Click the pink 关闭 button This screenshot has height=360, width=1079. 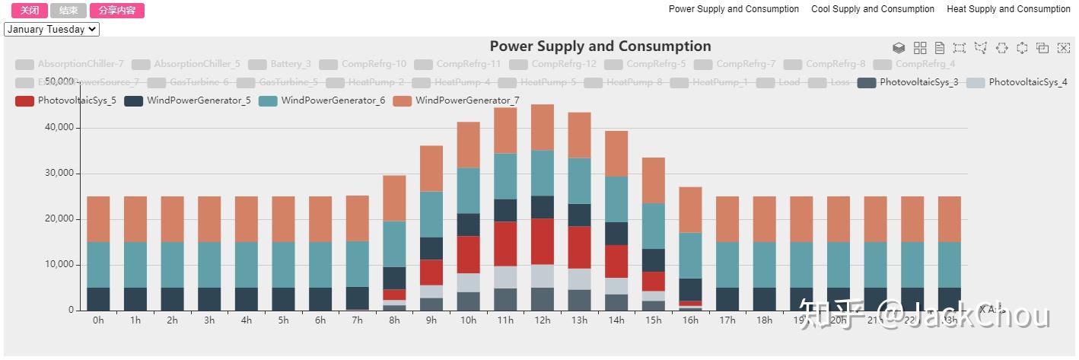[30, 11]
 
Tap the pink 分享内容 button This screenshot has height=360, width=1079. [116, 11]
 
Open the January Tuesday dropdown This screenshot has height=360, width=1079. [52, 30]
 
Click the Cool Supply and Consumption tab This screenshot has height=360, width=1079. [873, 9]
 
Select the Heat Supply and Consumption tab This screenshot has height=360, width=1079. [1008, 9]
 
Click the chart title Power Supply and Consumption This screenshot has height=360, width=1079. [600, 46]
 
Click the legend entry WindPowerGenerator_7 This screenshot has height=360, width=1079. [457, 100]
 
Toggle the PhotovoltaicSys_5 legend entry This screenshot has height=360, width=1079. [66, 100]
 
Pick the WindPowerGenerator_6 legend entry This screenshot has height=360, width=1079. [322, 100]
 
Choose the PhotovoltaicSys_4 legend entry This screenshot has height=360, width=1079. [1017, 82]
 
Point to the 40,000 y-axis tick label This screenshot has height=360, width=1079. [58, 128]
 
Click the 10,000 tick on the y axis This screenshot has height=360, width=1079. [58, 265]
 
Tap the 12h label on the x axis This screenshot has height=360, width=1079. [543, 320]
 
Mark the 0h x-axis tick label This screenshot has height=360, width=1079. [98, 320]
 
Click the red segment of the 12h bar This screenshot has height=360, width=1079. [543, 241]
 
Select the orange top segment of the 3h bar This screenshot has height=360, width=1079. [209, 219]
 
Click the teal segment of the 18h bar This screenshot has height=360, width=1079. [765, 265]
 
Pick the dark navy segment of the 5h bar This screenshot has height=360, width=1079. [283, 298]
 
